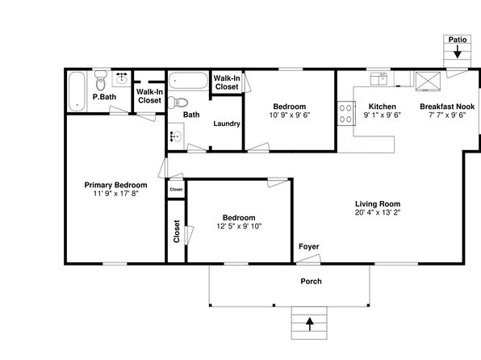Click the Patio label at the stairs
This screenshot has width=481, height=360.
[x=458, y=40]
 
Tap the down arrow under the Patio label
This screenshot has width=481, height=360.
[x=458, y=52]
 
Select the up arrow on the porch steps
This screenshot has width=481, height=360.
[x=310, y=324]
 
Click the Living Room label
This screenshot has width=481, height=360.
[x=378, y=203]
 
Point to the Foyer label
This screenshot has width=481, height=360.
[x=309, y=246]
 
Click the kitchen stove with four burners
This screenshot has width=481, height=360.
[x=346, y=113]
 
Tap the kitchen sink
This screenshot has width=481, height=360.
[x=379, y=79]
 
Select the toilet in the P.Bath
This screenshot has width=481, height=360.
[x=101, y=81]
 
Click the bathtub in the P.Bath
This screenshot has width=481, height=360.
[x=77, y=91]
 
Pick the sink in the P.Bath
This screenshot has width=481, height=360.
[x=122, y=78]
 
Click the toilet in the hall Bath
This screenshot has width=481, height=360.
[x=178, y=103]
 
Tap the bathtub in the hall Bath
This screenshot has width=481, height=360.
[x=188, y=81]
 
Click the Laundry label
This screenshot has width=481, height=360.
[x=227, y=123]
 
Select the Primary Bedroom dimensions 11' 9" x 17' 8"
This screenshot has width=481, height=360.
[x=116, y=194]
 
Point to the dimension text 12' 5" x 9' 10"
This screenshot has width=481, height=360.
[x=239, y=226]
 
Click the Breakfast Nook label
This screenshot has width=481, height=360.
[x=447, y=107]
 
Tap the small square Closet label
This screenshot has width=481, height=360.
[x=176, y=190]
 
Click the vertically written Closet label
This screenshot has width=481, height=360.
[x=177, y=231]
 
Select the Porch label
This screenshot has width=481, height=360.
[x=311, y=281]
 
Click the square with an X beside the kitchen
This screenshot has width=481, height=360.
[x=428, y=82]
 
